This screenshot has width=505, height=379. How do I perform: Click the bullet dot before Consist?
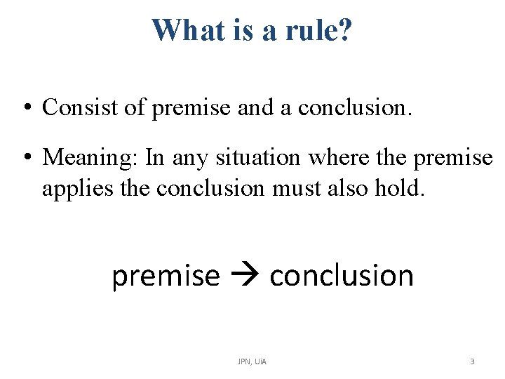coord(25,108)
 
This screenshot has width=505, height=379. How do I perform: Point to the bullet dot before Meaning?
coord(25,158)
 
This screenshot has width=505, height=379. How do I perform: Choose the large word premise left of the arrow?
coord(166,276)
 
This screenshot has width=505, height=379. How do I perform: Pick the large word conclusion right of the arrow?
coord(342,276)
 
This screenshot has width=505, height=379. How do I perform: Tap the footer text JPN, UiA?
coord(252,361)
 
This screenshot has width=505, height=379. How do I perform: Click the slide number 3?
coord(471,361)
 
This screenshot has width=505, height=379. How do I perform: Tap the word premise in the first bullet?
coord(183,107)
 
